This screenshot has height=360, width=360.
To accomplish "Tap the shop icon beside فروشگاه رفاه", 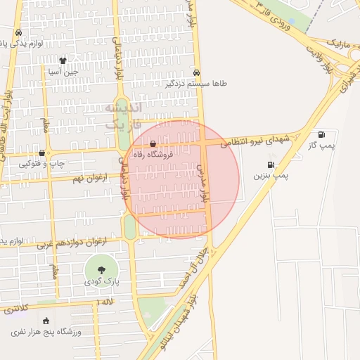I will tap(153, 144).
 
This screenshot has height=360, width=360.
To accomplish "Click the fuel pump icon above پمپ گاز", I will tap(322, 134).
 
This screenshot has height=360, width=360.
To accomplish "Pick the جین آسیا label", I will tap(63, 72).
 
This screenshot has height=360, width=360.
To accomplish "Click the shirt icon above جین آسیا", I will tap(63, 60).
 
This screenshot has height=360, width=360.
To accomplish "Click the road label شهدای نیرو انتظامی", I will tap(255, 141).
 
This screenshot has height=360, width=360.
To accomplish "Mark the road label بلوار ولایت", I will tap(328, 61).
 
